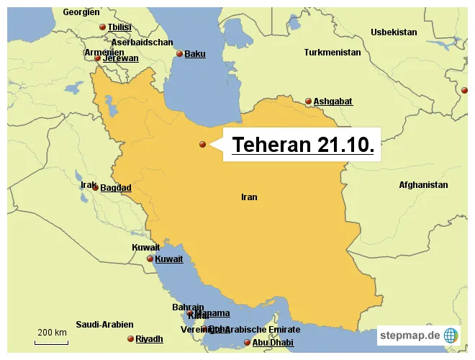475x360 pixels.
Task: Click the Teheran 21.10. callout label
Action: pyautogui.click(x=302, y=145)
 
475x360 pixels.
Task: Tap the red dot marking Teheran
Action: pyautogui.click(x=203, y=145)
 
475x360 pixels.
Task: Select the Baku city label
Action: pyautogui.click(x=194, y=54)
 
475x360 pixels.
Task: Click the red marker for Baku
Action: pyautogui.click(x=179, y=54)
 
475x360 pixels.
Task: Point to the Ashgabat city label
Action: pyautogui.click(x=332, y=102)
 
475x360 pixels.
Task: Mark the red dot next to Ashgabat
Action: pyautogui.click(x=308, y=102)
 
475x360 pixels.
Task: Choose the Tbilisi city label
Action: pyautogui.click(x=119, y=27)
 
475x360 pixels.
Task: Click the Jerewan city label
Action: pyautogui.click(x=120, y=58)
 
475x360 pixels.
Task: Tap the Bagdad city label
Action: pyautogui.click(x=115, y=188)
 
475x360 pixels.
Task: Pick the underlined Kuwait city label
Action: pyautogui.click(x=169, y=259)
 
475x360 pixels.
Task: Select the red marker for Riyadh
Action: pyautogui.click(x=130, y=339)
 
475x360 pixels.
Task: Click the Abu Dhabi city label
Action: pyautogui.click(x=273, y=343)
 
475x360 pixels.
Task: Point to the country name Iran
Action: pyautogui.click(x=249, y=197)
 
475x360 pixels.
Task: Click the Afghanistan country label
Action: pyautogui.click(x=423, y=185)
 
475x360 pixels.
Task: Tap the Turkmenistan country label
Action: pyautogui.click(x=332, y=53)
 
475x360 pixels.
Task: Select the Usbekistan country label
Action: pyautogui.click(x=394, y=32)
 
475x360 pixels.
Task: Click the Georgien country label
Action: pyautogui.click(x=81, y=12)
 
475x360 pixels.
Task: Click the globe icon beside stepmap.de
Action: pyautogui.click(x=451, y=335)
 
